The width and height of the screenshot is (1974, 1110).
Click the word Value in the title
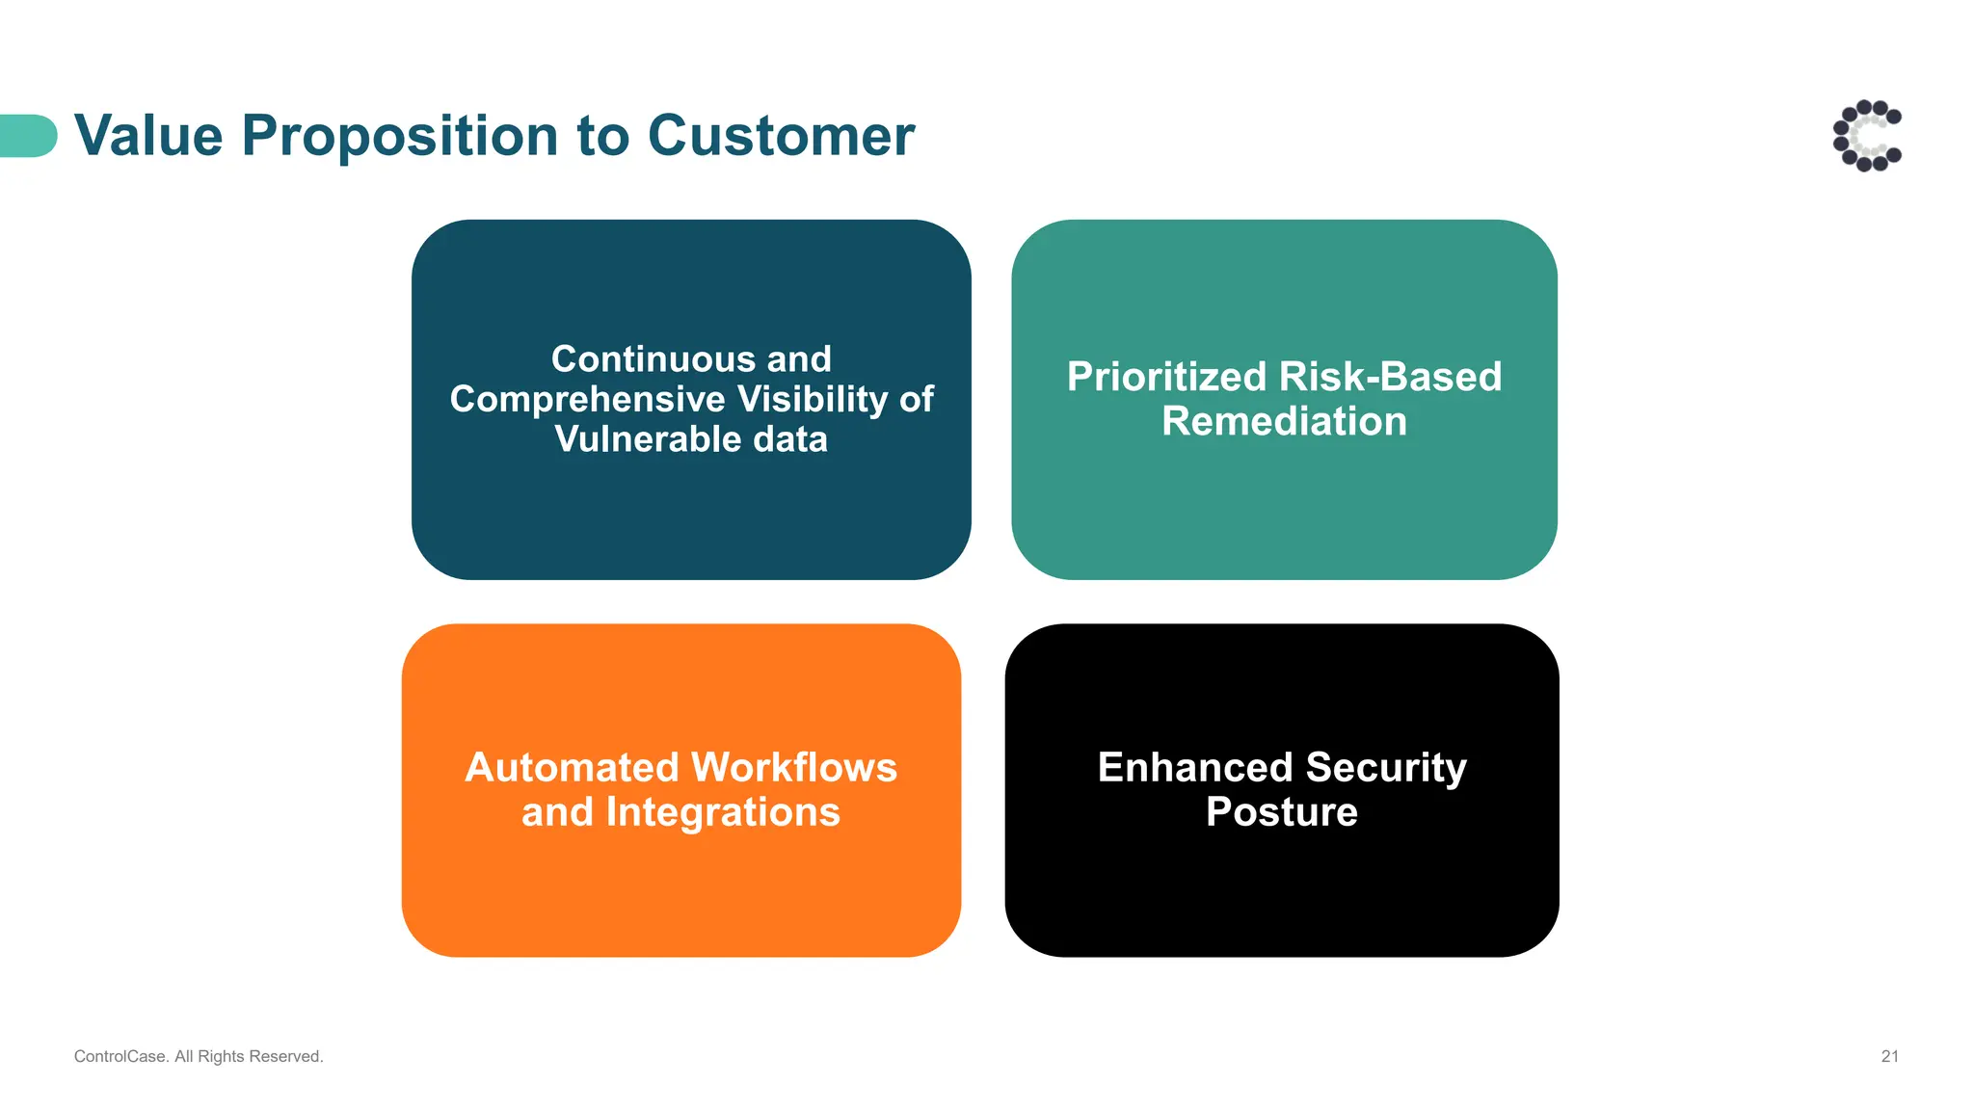[148, 136]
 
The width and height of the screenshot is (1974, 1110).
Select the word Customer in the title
[781, 136]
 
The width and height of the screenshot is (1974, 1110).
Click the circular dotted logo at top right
[1867, 136]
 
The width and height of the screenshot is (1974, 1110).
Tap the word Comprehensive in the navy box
[587, 400]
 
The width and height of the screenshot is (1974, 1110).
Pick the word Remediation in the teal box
[1284, 422]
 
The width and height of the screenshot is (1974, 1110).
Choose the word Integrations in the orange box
[723, 812]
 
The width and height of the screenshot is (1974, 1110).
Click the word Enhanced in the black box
[1195, 768]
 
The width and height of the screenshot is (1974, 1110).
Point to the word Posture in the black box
[1282, 812]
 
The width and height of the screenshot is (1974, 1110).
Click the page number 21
[1889, 1056]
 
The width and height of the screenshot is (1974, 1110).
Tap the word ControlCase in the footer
[120, 1056]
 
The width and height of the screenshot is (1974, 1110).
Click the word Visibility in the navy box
[813, 400]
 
